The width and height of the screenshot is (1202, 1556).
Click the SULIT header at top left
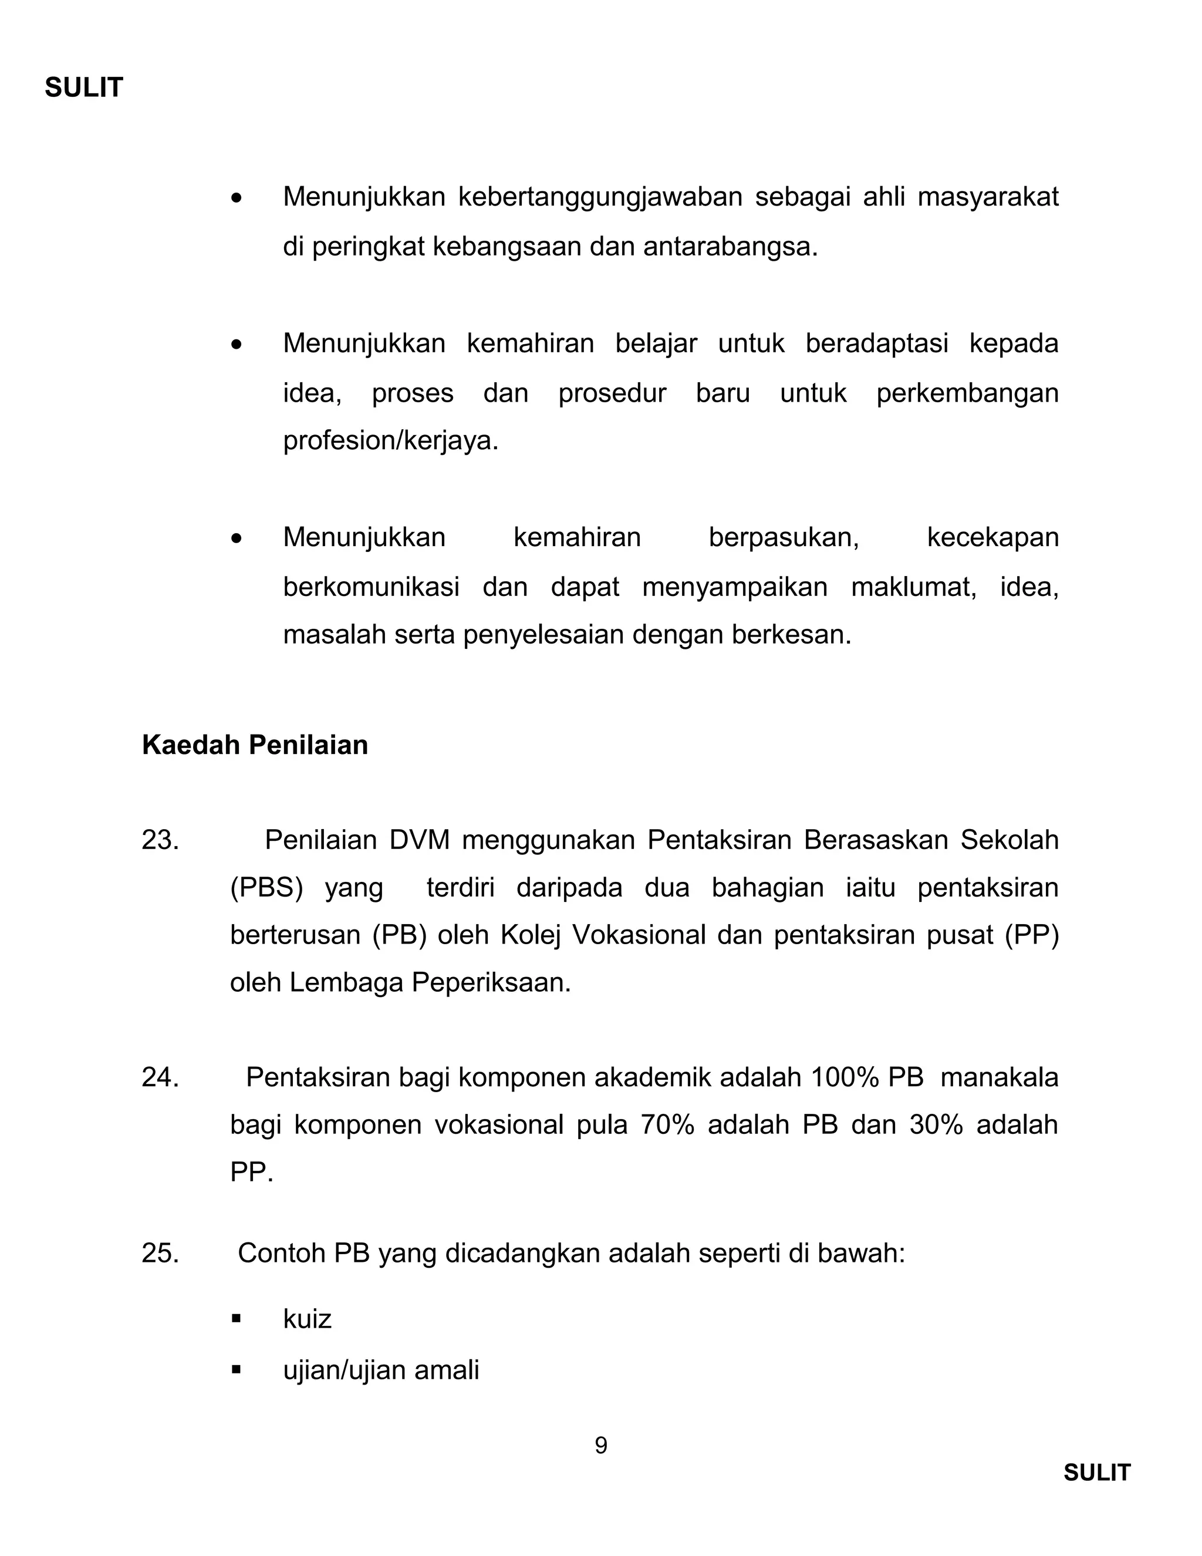(x=84, y=87)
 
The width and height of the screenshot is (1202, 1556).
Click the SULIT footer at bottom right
(x=1096, y=1473)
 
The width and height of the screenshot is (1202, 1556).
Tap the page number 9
(x=600, y=1446)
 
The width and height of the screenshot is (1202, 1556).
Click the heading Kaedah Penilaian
(x=255, y=745)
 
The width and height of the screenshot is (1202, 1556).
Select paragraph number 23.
(x=160, y=840)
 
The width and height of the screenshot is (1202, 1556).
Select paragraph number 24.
(x=160, y=1077)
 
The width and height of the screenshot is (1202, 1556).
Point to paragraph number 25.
(x=160, y=1253)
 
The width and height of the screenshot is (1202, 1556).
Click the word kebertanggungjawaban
(x=600, y=197)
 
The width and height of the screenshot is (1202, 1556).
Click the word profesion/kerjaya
(x=390, y=441)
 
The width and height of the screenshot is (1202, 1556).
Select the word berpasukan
(x=784, y=537)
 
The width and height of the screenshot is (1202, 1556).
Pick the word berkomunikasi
(x=371, y=587)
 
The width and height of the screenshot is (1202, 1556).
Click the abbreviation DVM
(x=420, y=840)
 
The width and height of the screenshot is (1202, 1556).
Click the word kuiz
(x=307, y=1319)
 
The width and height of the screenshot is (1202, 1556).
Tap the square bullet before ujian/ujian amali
(x=237, y=1369)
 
